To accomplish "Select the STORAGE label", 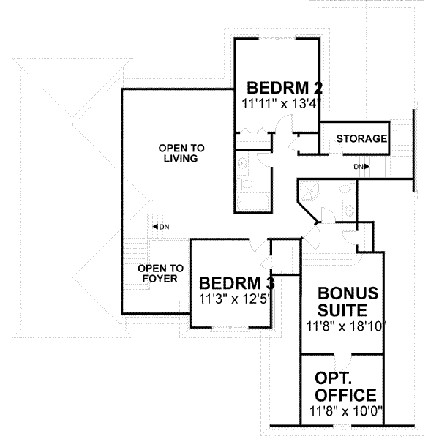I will pyautogui.click(x=361, y=139).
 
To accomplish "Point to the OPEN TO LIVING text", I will pyautogui.click(x=179, y=154).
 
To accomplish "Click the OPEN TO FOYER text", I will pyautogui.click(x=161, y=273).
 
